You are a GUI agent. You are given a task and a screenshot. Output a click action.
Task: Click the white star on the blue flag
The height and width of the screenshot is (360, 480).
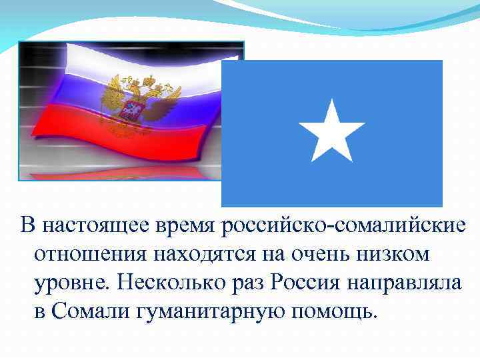[331, 131]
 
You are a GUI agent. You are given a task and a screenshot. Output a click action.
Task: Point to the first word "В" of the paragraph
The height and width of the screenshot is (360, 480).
[27, 225]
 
